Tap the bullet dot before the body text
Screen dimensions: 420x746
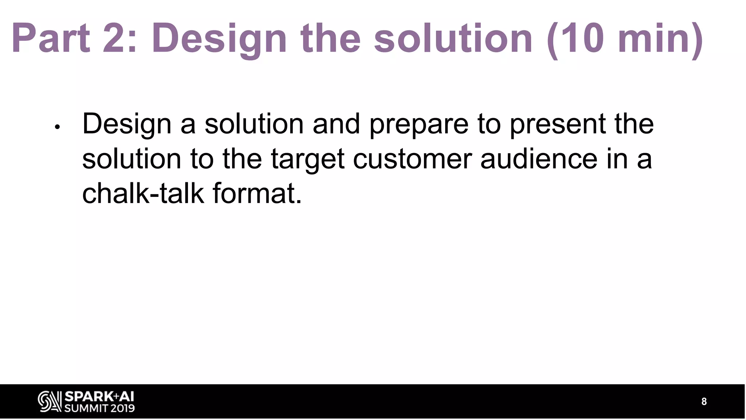pyautogui.click(x=57, y=127)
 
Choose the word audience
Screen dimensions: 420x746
pyautogui.click(x=539, y=159)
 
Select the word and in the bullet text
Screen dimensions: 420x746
pyautogui.click(x=336, y=124)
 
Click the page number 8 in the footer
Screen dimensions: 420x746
pyautogui.click(x=704, y=402)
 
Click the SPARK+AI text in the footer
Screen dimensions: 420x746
pyautogui.click(x=99, y=397)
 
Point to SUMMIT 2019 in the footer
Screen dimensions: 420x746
pyautogui.click(x=99, y=408)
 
